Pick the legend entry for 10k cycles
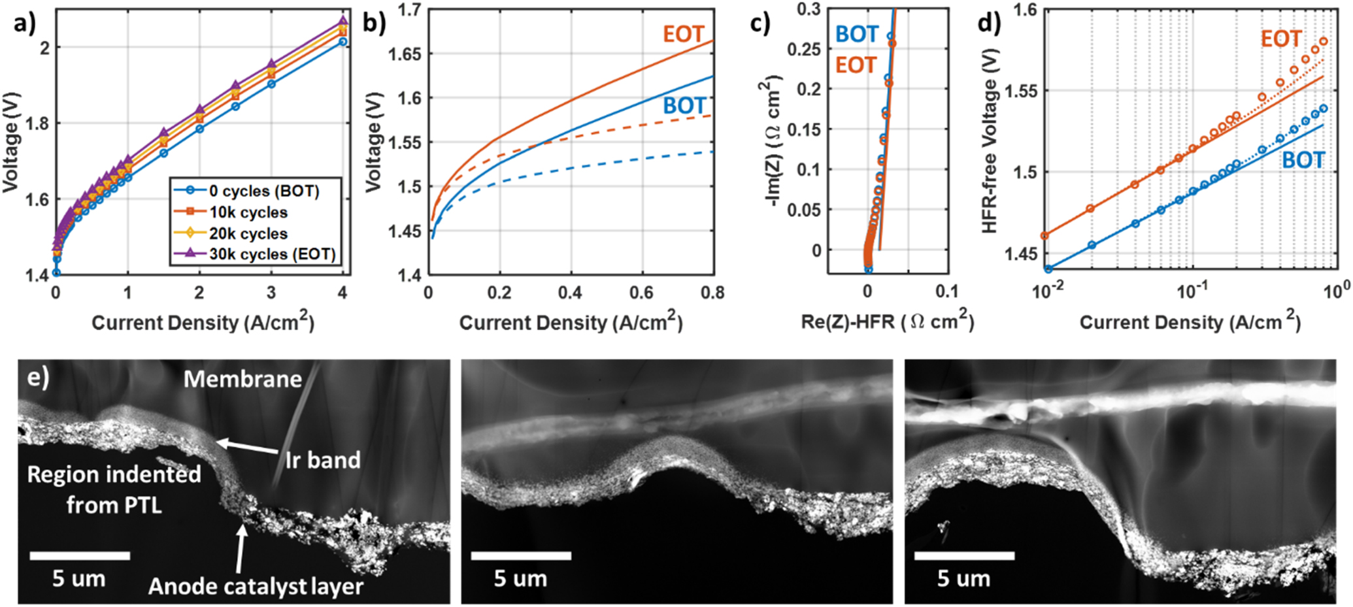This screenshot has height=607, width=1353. (248, 212)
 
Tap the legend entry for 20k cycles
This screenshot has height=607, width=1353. (248, 233)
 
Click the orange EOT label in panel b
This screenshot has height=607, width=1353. (683, 34)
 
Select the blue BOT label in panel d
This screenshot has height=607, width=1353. (1303, 160)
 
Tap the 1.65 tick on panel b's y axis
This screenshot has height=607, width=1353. (405, 54)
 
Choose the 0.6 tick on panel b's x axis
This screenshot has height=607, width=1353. (641, 293)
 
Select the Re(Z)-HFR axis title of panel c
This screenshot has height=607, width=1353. (888, 322)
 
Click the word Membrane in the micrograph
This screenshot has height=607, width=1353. (242, 379)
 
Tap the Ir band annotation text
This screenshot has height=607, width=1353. (323, 460)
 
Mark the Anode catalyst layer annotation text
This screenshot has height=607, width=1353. (256, 586)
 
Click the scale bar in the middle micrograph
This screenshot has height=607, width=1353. (521, 555)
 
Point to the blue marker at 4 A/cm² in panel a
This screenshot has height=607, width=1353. (342, 42)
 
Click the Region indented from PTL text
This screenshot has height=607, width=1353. (114, 489)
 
